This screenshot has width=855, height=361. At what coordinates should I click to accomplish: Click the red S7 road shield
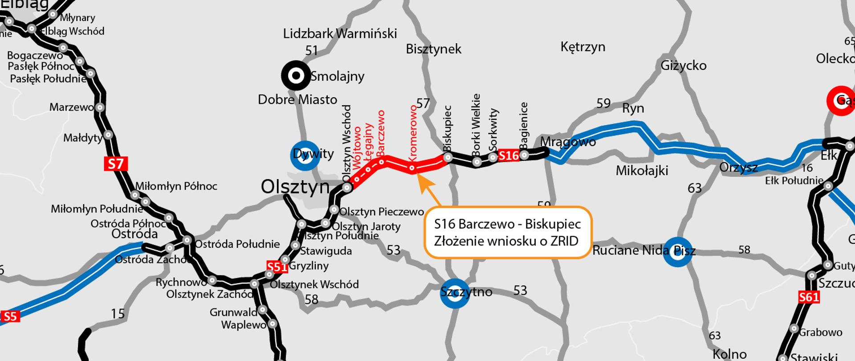point(116,164)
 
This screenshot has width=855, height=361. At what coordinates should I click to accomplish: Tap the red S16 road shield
point(509,155)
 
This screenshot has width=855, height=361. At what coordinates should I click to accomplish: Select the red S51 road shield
point(277,267)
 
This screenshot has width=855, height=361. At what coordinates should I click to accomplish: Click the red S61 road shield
point(809,297)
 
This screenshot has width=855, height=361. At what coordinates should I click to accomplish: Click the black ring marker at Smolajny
point(296,76)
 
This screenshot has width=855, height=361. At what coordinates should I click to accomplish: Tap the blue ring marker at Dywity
point(305,156)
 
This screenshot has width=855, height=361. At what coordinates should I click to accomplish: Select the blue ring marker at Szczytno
point(455,293)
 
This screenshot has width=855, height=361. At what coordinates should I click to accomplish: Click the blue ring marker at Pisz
point(677,252)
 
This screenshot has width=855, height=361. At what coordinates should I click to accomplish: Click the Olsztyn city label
point(295,187)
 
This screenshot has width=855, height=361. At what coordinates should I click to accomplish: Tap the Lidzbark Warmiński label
point(340,34)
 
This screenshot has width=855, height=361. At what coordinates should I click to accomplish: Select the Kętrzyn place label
point(582,47)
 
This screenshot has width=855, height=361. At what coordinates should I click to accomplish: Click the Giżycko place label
point(684,66)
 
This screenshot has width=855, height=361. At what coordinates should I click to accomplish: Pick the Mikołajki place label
point(642,170)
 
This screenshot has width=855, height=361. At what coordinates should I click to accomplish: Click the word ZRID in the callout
point(563,241)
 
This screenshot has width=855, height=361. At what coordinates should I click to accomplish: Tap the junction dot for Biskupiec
point(448,157)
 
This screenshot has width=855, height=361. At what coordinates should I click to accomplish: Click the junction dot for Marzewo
point(100,107)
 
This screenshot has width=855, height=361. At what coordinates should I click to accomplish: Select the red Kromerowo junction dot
point(412,168)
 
